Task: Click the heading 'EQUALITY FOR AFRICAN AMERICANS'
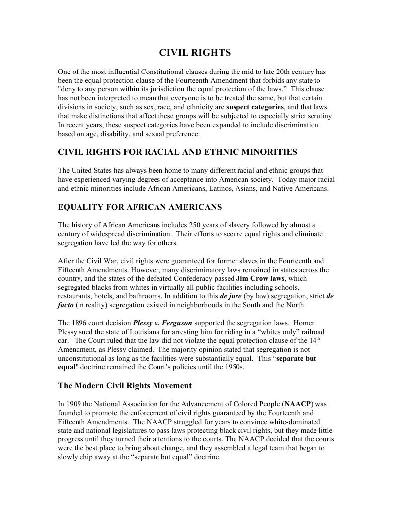[140, 207]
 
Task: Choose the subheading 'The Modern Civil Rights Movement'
[125, 385]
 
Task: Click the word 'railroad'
[314, 332]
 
